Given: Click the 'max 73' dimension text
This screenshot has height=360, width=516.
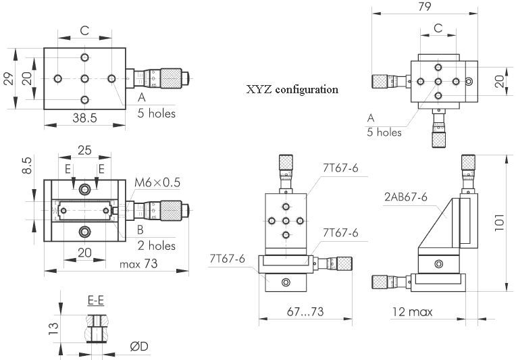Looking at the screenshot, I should tap(138, 264).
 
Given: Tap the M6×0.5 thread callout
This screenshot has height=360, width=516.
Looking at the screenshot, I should tap(157, 182).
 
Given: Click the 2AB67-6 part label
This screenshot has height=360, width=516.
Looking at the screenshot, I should tap(406, 197).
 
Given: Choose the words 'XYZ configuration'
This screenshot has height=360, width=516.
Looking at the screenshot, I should tap(292, 89).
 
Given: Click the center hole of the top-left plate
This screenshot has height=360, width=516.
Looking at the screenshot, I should tap(84, 78).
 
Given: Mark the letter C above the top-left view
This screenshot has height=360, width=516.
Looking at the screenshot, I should tap(84, 30).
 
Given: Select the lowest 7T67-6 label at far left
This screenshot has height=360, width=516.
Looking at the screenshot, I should tap(226, 259).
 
